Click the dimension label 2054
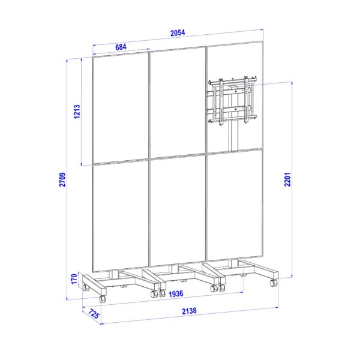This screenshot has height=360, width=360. pyautogui.click(x=178, y=33)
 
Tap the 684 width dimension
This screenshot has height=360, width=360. pyautogui.click(x=121, y=47)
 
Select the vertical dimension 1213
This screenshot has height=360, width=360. pyautogui.click(x=77, y=112)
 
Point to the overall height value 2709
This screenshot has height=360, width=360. pyautogui.click(x=62, y=179)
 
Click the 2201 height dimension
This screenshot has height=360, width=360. pyautogui.click(x=287, y=179)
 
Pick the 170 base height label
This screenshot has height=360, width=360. pyautogui.click(x=74, y=279)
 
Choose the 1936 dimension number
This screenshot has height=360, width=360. pyautogui.click(x=176, y=293)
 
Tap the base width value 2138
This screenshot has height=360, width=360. pyautogui.click(x=189, y=311)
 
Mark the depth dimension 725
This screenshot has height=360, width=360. pyautogui.click(x=94, y=314)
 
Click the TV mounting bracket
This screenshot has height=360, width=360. pyautogui.click(x=232, y=101)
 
